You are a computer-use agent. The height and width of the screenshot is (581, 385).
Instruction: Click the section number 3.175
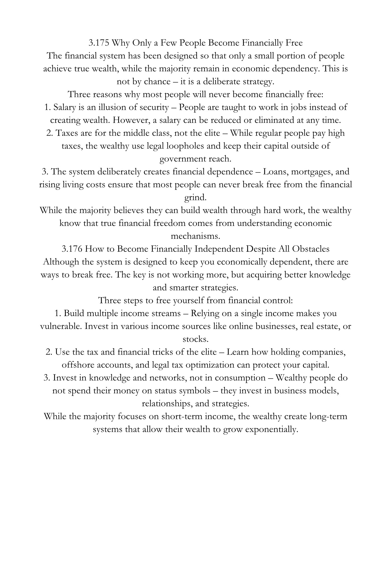99,43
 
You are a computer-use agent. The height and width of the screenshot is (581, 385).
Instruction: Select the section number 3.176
72,249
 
